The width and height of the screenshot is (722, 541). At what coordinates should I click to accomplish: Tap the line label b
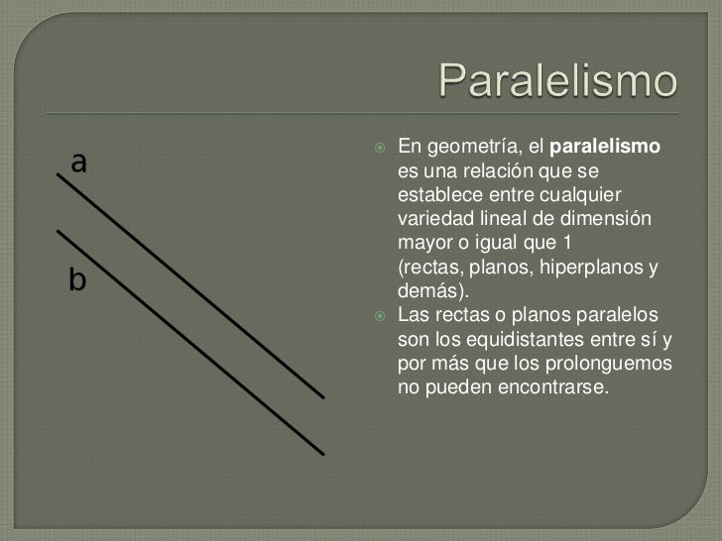77,280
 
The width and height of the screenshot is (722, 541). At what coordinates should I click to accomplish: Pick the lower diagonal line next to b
188,343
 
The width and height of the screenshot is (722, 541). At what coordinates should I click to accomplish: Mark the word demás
428,291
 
